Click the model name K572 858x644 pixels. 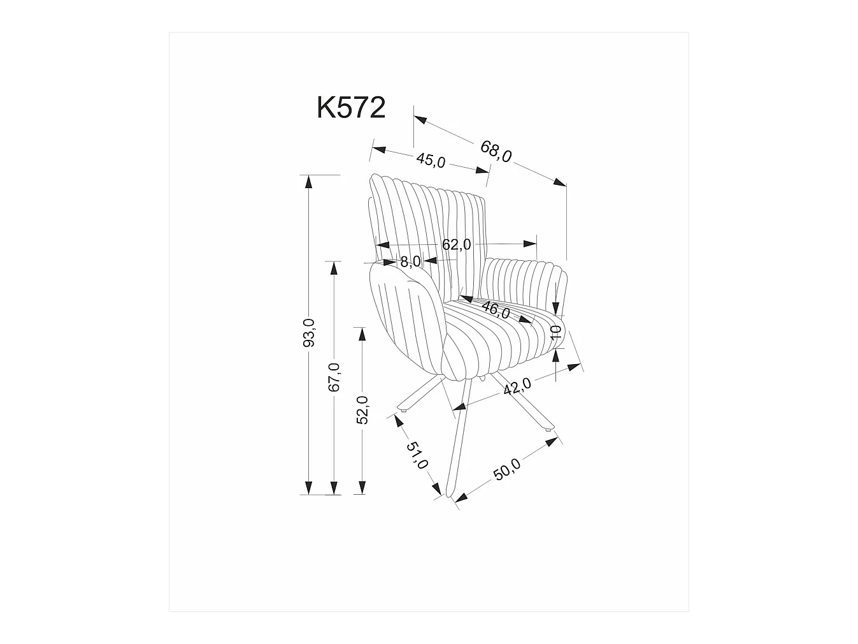coord(351,108)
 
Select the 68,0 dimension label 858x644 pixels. coord(496,152)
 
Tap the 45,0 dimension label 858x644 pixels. coord(431,160)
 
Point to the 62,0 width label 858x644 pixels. coord(456,244)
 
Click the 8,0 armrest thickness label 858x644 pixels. coord(410,261)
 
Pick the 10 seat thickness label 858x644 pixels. coord(555,332)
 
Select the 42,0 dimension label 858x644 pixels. coord(517,386)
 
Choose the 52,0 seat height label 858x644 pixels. coord(362,409)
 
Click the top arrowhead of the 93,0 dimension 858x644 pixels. coord(309,181)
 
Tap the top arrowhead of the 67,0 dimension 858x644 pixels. coord(332,267)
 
